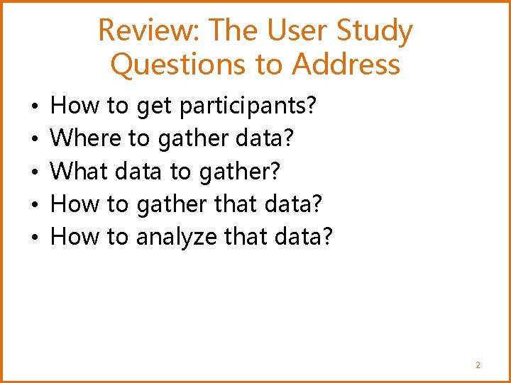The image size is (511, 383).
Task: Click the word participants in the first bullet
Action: (248, 107)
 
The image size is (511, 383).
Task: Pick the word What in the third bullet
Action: (79, 172)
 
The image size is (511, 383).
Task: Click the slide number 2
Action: (478, 365)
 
